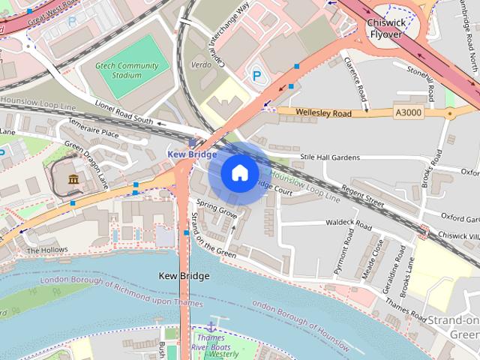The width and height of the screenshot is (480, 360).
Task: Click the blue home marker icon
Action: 239,173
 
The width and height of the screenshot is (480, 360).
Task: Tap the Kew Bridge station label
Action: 191,154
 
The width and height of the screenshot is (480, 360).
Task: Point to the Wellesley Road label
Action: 323,113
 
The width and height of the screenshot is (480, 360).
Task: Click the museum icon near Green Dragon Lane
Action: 74,179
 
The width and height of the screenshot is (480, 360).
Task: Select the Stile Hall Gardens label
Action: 330,157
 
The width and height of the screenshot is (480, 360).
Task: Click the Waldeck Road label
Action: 349,224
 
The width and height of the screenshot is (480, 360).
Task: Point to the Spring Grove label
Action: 217,208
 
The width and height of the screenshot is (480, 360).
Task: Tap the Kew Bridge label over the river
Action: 184,276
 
